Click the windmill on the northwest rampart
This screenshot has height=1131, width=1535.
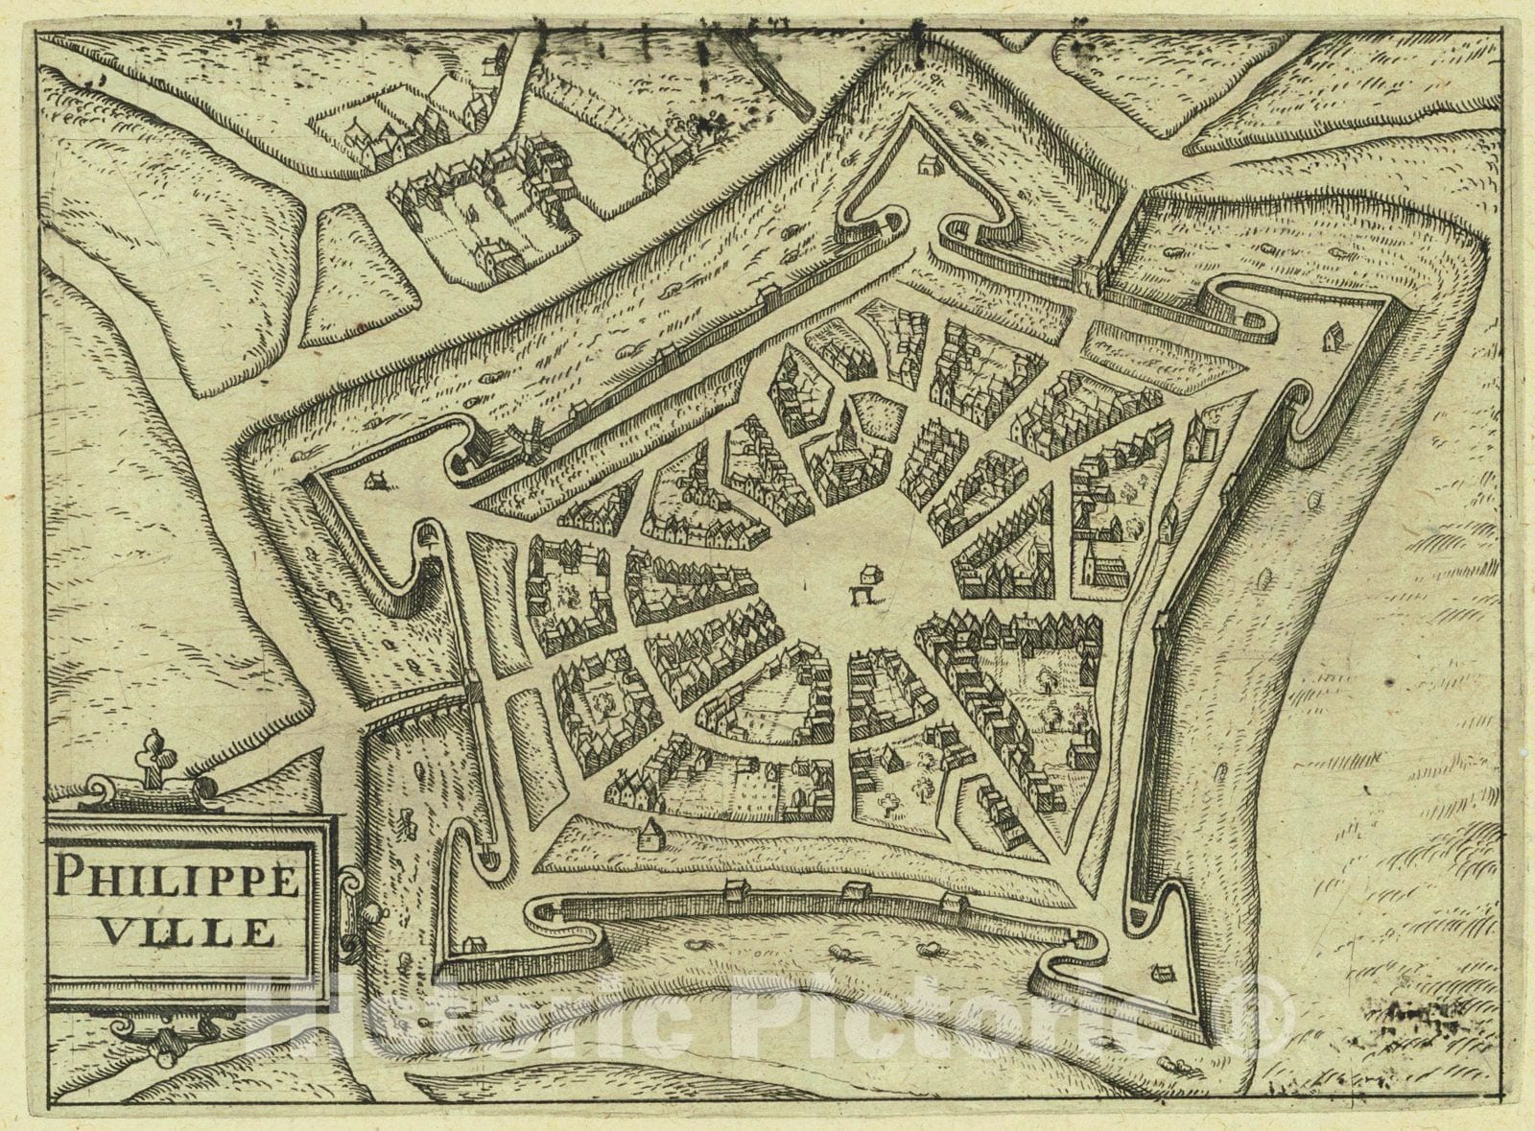coord(527,440)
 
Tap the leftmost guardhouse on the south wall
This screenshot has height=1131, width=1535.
coord(737,893)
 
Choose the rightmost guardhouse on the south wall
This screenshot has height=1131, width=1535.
coord(951,903)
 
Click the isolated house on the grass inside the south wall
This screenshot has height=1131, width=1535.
coord(650,833)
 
